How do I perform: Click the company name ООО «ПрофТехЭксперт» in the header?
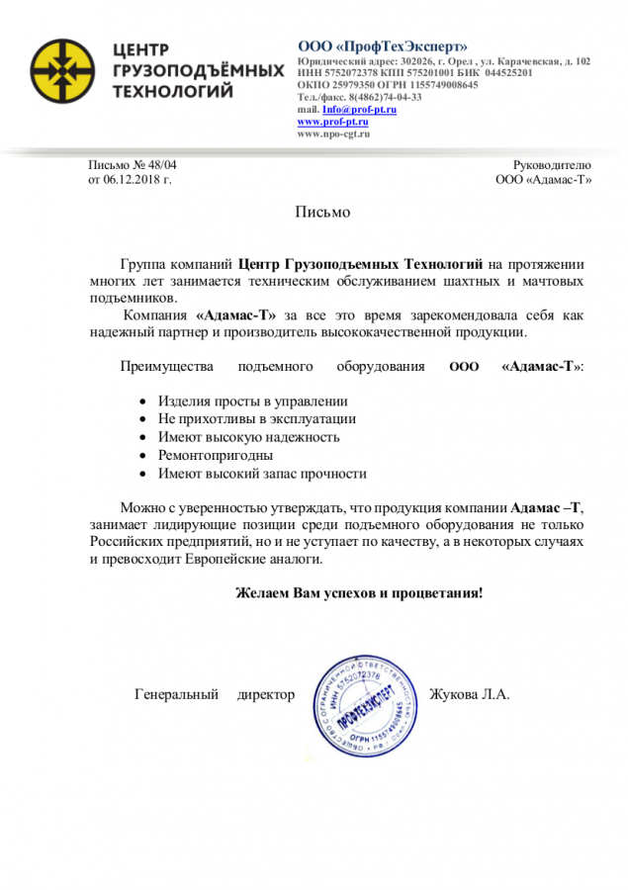[x=383, y=46]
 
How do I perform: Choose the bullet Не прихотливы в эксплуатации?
[x=257, y=418]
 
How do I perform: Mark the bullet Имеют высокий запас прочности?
[x=262, y=474]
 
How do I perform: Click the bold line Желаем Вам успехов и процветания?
[x=358, y=593]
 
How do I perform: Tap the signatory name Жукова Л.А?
[x=470, y=694]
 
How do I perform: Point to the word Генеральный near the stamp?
[x=176, y=694]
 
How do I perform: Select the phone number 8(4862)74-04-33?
[x=379, y=98]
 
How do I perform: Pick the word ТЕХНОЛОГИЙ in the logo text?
[x=174, y=92]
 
